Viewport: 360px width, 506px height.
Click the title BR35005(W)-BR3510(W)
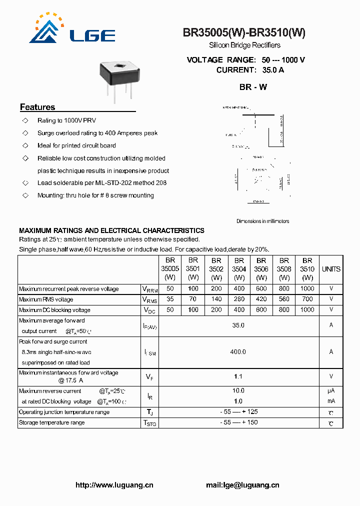coord(244,33)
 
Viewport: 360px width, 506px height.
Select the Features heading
coord(37,107)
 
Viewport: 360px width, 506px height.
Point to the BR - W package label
coord(253,87)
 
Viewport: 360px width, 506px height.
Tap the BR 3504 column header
coord(239,268)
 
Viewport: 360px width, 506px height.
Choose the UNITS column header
coord(331,269)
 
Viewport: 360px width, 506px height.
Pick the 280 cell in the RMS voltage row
coord(239,299)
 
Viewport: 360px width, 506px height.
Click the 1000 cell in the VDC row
coord(307,310)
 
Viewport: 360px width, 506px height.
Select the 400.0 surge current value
coord(238,352)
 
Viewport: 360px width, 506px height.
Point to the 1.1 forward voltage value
coord(238,376)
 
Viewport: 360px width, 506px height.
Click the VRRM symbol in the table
coord(149,289)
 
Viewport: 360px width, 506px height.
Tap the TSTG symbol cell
coord(149,423)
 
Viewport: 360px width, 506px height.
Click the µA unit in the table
coord(331,391)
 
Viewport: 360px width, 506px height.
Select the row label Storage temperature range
coord(52,423)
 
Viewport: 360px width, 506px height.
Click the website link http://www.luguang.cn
coord(114,485)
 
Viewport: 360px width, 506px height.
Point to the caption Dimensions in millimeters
coord(262,221)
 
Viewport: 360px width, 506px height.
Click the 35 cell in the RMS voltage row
coord(170,299)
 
